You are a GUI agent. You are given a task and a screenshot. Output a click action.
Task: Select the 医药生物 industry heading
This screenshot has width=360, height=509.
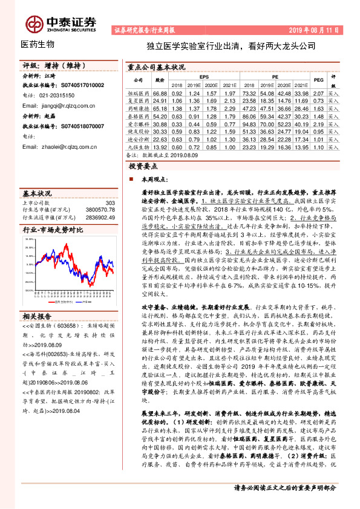pos(38,44)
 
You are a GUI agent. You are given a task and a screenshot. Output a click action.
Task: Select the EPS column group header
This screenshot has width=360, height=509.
pos(205,77)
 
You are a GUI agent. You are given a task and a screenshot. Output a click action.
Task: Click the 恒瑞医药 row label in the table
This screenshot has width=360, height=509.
pos(139,94)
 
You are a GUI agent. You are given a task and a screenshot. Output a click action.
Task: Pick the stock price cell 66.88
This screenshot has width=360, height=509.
pos(160,94)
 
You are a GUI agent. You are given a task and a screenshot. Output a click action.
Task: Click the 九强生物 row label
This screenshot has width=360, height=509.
pos(139,146)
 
